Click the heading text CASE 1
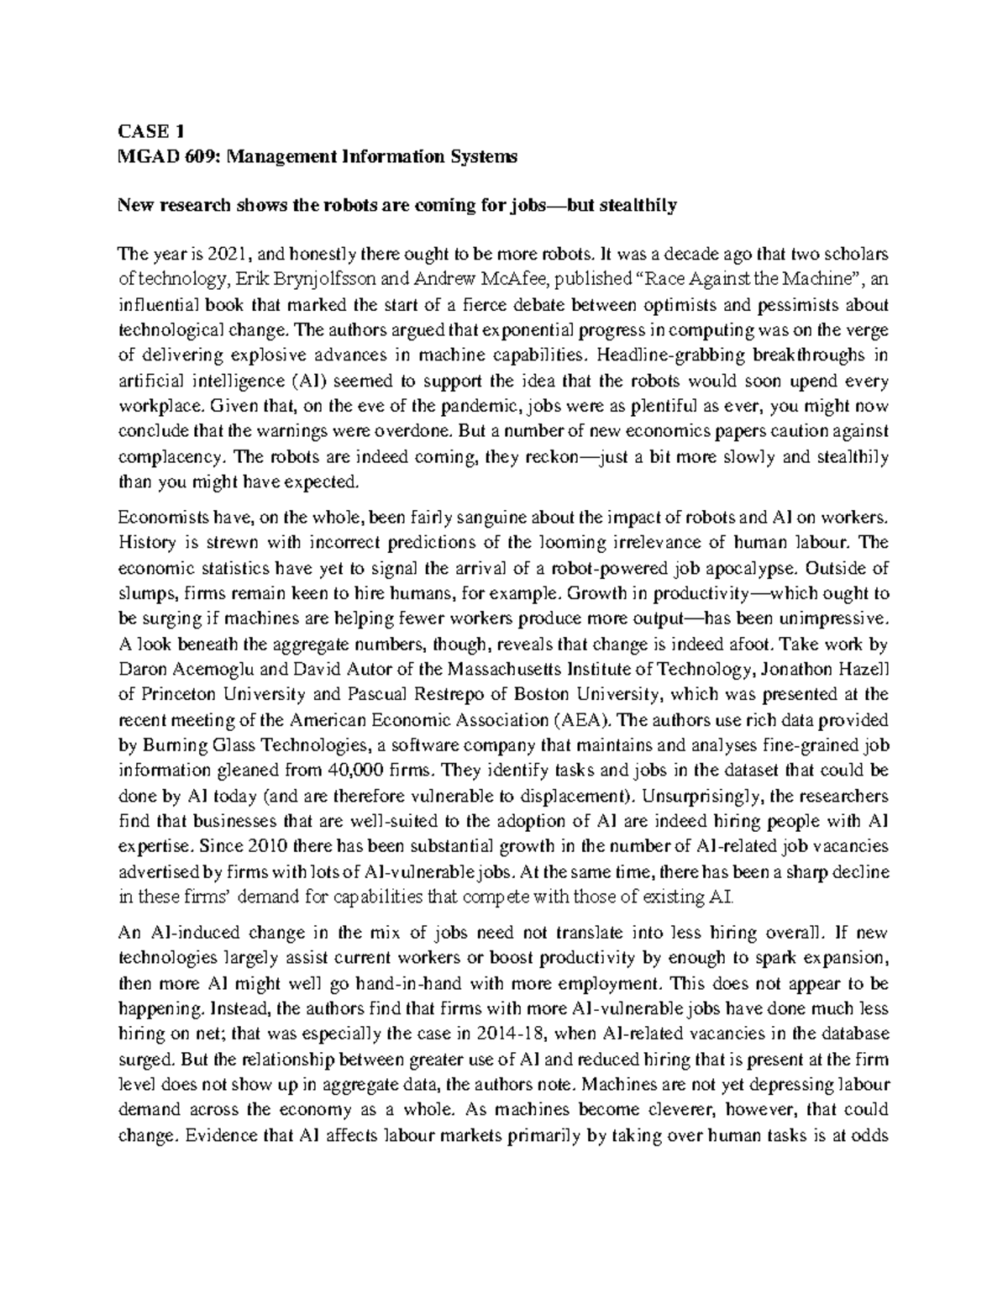pos(150,131)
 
